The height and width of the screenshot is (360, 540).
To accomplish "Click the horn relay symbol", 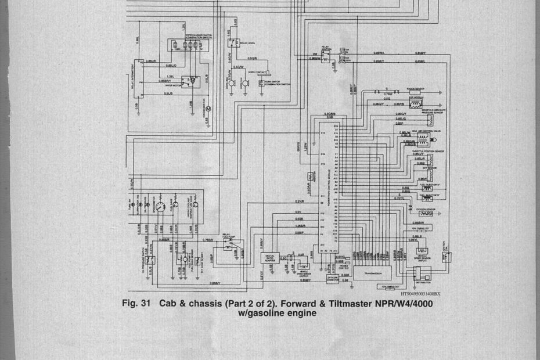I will [x=233, y=42].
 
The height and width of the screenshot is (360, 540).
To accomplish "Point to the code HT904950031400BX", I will [x=416, y=294].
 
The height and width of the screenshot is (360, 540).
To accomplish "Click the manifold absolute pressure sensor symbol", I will [x=430, y=119].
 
